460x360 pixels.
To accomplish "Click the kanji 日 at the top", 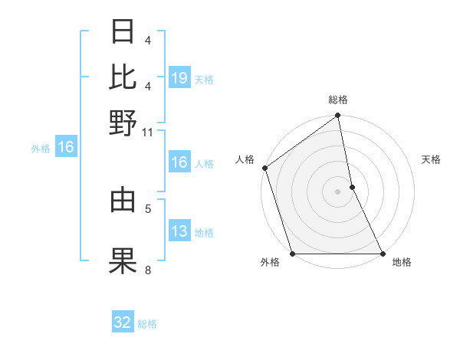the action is click(x=123, y=33).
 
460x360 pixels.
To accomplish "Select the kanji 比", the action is click(x=123, y=77).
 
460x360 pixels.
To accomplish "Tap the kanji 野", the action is click(x=123, y=122).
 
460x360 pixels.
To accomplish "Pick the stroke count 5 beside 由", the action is click(x=147, y=208).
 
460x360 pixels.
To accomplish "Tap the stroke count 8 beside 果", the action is click(x=147, y=270).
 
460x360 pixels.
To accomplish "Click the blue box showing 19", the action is click(x=179, y=77).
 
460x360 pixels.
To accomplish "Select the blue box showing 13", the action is click(x=179, y=232).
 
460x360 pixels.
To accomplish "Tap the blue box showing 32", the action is click(x=123, y=322).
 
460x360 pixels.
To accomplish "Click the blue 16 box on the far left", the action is click(x=66, y=148).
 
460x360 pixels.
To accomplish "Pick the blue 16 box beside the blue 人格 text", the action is click(x=179, y=162).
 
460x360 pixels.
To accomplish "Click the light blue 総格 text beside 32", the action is click(x=147, y=324).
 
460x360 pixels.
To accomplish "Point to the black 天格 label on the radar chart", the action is click(x=431, y=159).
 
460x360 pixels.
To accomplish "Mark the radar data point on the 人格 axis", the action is click(x=264, y=168).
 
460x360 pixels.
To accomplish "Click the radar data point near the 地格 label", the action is click(x=382, y=254).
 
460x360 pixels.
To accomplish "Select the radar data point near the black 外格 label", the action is click(x=292, y=254).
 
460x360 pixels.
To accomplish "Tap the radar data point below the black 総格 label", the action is click(x=337, y=116).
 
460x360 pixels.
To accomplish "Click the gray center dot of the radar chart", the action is click(x=337, y=191).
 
